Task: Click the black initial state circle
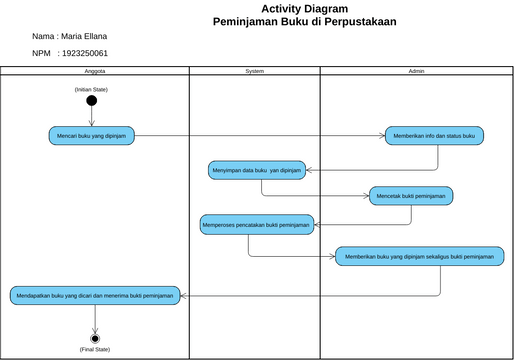[x=91, y=100]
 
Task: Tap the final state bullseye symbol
[x=95, y=338]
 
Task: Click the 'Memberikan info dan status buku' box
[x=435, y=135]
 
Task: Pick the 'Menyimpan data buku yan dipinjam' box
[x=256, y=170]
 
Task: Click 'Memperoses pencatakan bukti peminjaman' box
[x=257, y=225]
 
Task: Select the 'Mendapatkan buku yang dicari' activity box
[x=96, y=295]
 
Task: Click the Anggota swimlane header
[x=95, y=72]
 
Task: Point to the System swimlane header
[x=255, y=72]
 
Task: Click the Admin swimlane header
[x=417, y=72]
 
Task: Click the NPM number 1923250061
[x=84, y=53]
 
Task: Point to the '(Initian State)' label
[x=91, y=89]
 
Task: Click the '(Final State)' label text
[x=95, y=349]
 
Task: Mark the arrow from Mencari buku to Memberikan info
[x=260, y=135]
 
